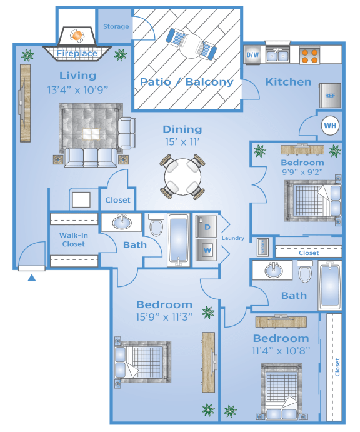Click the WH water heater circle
tap(330, 126)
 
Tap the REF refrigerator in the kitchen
tap(330, 95)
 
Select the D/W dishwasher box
tap(252, 54)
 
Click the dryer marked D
tap(206, 226)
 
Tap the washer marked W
tap(206, 250)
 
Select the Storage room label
tap(116, 26)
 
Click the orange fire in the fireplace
tap(77, 36)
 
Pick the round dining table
tap(182, 176)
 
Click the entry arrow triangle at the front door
tap(32, 278)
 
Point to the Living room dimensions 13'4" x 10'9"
tap(77, 90)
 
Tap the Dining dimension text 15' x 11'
tap(182, 142)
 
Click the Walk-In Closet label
tap(74, 239)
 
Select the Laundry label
tap(233, 238)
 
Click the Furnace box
tap(262, 247)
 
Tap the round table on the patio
tap(192, 46)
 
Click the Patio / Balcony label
tap(187, 82)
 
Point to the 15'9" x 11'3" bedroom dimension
tap(164, 317)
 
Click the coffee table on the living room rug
tap(91, 134)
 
